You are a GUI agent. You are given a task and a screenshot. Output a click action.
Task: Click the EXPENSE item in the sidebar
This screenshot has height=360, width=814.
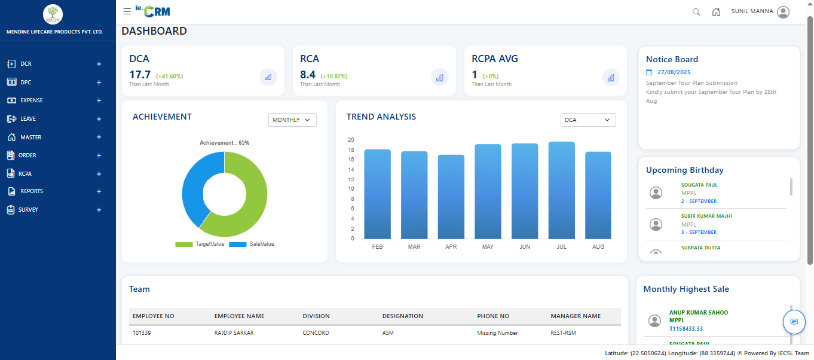pos(31,100)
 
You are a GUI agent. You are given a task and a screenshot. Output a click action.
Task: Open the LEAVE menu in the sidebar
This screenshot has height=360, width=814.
pos(27,119)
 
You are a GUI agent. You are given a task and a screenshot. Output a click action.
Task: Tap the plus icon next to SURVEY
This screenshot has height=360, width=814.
pos(99,210)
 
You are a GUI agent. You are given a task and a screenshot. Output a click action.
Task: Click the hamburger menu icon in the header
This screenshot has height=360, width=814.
pos(127,11)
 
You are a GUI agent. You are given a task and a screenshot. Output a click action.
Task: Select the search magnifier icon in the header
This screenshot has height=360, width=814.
pos(696,12)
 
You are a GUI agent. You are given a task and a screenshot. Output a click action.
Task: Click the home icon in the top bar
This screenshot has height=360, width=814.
pos(716,12)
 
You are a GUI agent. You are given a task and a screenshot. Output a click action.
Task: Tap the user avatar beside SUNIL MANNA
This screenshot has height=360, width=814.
pos(784,12)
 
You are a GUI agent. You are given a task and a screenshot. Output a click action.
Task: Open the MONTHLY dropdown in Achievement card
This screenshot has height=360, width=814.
pos(292,120)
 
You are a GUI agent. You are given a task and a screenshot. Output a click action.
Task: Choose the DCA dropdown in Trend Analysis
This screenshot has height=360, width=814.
pos(588,120)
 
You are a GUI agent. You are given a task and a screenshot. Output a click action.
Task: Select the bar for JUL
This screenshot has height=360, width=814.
pos(561,190)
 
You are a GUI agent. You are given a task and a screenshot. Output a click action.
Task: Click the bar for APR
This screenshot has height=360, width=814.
pos(451,197)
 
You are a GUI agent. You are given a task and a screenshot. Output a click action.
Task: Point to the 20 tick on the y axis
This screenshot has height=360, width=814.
pos(351,140)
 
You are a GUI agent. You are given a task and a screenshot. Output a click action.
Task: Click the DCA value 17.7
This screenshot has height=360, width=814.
pos(140,75)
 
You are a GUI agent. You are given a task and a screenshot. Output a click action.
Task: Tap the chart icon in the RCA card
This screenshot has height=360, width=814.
pos(439,77)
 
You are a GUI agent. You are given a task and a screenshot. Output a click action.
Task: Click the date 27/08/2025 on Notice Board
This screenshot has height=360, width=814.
pos(674,72)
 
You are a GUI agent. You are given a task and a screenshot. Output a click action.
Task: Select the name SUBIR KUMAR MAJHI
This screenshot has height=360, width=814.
pos(706,216)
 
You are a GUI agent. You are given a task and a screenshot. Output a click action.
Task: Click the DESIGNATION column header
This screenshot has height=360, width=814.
pos(403,316)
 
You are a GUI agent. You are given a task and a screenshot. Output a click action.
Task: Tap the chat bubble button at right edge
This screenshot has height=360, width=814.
pos(794,322)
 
